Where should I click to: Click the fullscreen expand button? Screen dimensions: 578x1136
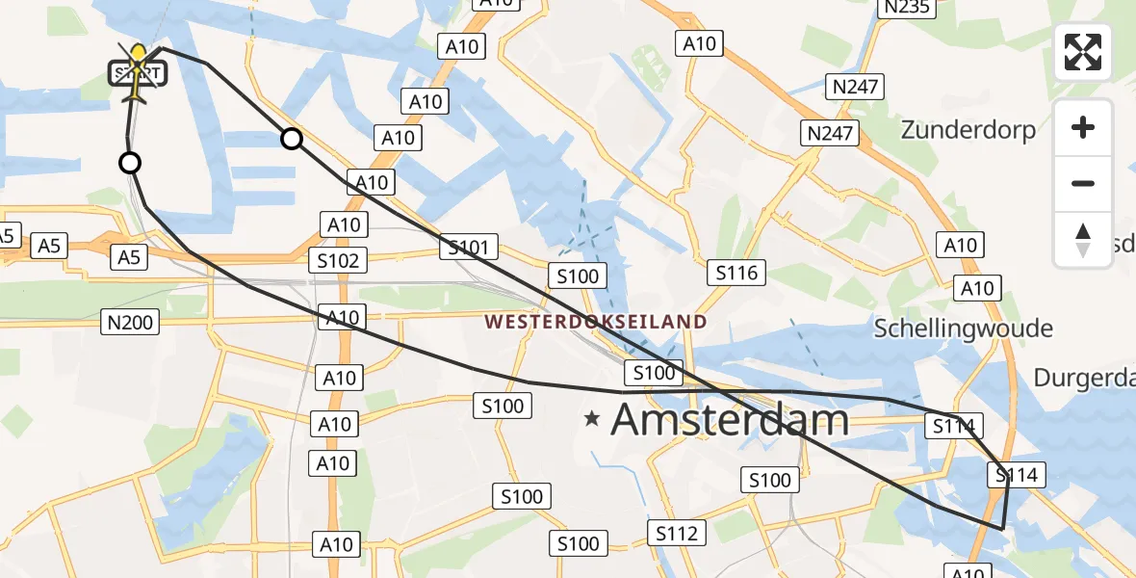click(1083, 52)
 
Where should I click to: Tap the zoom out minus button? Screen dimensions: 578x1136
click(1083, 183)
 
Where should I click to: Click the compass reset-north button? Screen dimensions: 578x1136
click(1083, 240)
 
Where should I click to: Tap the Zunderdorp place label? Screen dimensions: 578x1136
click(968, 129)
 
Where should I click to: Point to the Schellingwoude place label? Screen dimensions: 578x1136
click(963, 328)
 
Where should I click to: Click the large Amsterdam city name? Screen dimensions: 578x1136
click(730, 419)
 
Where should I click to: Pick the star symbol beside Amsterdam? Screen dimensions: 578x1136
click(592, 418)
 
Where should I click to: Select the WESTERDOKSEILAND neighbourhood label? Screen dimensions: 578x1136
click(595, 322)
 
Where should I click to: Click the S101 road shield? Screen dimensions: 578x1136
click(469, 248)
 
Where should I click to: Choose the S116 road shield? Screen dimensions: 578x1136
click(736, 273)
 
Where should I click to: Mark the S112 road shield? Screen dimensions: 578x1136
click(676, 532)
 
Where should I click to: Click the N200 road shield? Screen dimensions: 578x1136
click(130, 322)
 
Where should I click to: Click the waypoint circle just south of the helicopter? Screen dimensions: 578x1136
click(130, 163)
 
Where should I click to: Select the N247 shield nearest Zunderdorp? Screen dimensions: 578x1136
click(830, 133)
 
